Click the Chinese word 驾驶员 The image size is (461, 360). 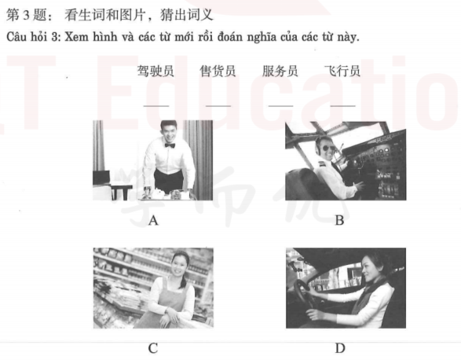(155, 71)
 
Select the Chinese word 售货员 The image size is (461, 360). (218, 71)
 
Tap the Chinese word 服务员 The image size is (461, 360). (280, 71)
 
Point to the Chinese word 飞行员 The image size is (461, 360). (342, 71)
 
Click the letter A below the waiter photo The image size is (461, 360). (153, 221)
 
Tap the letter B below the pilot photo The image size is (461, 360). (339, 221)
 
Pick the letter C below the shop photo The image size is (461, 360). (153, 348)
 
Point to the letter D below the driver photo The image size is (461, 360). (339, 348)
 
